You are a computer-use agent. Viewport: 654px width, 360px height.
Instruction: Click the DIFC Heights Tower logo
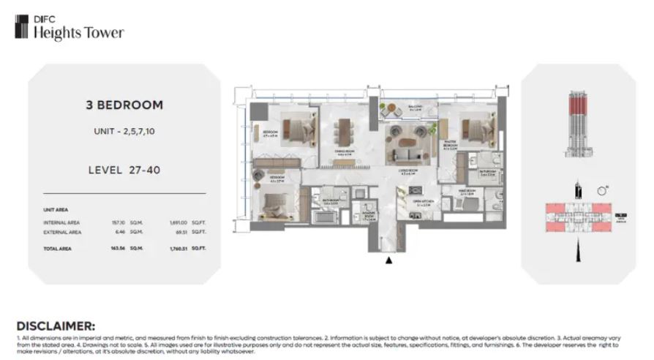click(x=69, y=29)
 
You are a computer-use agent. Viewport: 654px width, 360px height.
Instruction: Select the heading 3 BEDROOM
click(x=124, y=105)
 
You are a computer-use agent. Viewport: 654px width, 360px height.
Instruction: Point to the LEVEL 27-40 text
click(x=124, y=170)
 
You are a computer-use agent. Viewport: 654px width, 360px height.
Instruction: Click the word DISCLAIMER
click(x=56, y=324)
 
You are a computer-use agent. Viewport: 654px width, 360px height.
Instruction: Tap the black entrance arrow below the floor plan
click(x=389, y=258)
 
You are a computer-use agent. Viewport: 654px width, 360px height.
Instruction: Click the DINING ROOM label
click(x=344, y=152)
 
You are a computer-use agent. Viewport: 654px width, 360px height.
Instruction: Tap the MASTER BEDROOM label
click(x=449, y=146)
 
